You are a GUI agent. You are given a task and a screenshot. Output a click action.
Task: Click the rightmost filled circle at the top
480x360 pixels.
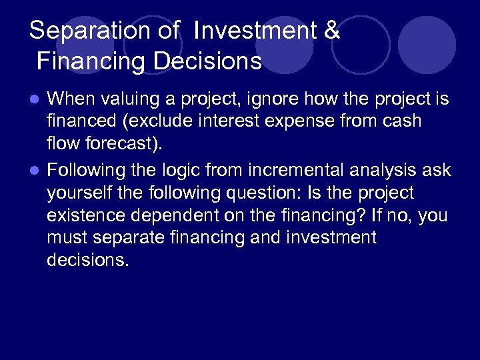click(x=427, y=45)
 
